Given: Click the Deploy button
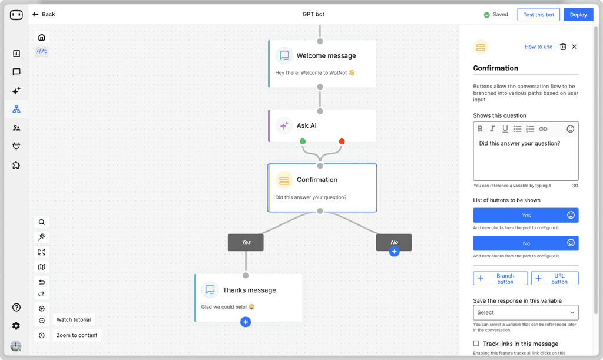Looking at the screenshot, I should coord(578,15).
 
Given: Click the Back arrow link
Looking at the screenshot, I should coord(44,14).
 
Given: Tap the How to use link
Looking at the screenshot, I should coord(538,47).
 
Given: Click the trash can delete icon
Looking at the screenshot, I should coord(563,47).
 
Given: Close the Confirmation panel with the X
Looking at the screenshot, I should coord(575,47).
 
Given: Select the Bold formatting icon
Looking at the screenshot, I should coord(480,128).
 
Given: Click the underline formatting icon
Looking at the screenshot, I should coord(505,128).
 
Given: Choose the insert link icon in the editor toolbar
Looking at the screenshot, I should coord(543,128).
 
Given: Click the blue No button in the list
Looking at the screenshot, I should coord(526,243).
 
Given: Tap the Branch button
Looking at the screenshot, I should coord(500,278).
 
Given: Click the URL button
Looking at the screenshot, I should coord(555,278).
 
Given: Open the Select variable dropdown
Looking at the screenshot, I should coord(526,312).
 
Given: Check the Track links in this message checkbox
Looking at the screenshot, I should coord(476,344).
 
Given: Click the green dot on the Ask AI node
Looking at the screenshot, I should coord(303,141).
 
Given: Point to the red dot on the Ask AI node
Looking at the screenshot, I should coord(342,141).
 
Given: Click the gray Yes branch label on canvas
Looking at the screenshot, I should coord(246,242).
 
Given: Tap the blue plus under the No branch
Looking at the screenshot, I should coord(394,252).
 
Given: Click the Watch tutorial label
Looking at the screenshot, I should coord(74,319).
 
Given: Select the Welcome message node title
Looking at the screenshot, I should coord(326,56).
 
